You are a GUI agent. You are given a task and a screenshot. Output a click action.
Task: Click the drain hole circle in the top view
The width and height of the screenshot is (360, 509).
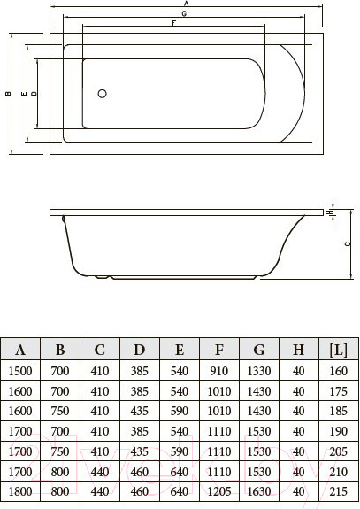click(x=102, y=94)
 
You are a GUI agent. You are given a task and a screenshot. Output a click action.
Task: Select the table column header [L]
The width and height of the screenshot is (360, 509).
click(x=338, y=348)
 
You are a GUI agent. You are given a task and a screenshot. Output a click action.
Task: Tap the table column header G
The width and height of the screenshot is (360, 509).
click(x=258, y=348)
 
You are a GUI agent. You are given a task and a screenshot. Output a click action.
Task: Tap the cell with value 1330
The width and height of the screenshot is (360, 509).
click(x=258, y=370)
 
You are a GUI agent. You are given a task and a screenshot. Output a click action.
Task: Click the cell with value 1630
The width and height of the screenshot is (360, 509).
click(x=258, y=490)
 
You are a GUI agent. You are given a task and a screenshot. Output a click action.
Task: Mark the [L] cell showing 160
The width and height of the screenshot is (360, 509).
click(x=338, y=370)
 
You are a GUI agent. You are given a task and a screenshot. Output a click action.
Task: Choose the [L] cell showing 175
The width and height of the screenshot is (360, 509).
click(x=338, y=390)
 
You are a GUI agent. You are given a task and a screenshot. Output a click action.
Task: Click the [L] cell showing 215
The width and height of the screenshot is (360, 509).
click(x=338, y=490)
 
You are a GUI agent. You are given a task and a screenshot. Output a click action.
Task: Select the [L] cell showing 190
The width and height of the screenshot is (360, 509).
click(x=338, y=430)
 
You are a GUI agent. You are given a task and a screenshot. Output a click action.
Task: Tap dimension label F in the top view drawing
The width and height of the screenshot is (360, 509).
click(x=173, y=23)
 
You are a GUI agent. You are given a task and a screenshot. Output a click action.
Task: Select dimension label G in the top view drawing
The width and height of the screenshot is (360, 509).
click(x=183, y=14)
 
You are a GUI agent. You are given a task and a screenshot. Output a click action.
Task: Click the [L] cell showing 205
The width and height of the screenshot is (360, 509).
click(x=338, y=450)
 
